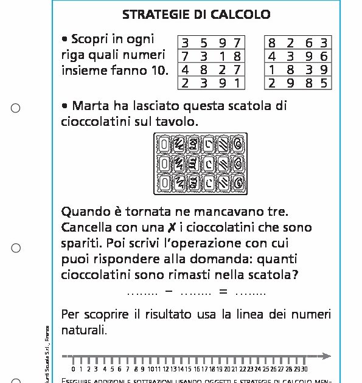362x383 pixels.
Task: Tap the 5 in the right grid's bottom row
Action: pos(324,83)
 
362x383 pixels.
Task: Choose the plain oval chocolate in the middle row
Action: pos(163,164)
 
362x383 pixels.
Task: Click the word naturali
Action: pos(84,331)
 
